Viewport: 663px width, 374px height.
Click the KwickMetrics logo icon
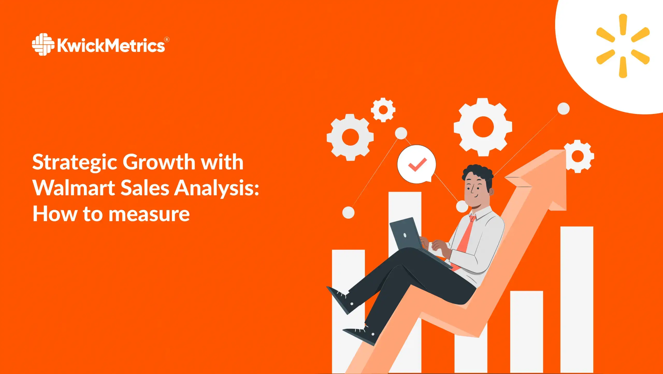[43, 44]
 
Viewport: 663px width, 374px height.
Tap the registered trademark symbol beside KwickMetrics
[167, 40]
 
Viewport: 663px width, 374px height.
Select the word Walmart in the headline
[74, 188]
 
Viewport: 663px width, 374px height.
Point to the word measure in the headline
[149, 214]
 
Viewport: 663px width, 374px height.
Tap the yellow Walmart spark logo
[623, 46]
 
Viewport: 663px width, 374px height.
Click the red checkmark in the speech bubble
[417, 165]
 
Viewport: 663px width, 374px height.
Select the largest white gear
[483, 127]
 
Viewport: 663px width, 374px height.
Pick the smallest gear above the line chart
[383, 110]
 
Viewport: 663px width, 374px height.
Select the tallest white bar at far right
[577, 298]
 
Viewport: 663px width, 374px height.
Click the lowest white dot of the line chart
[348, 212]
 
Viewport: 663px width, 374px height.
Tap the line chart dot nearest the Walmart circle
[563, 109]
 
